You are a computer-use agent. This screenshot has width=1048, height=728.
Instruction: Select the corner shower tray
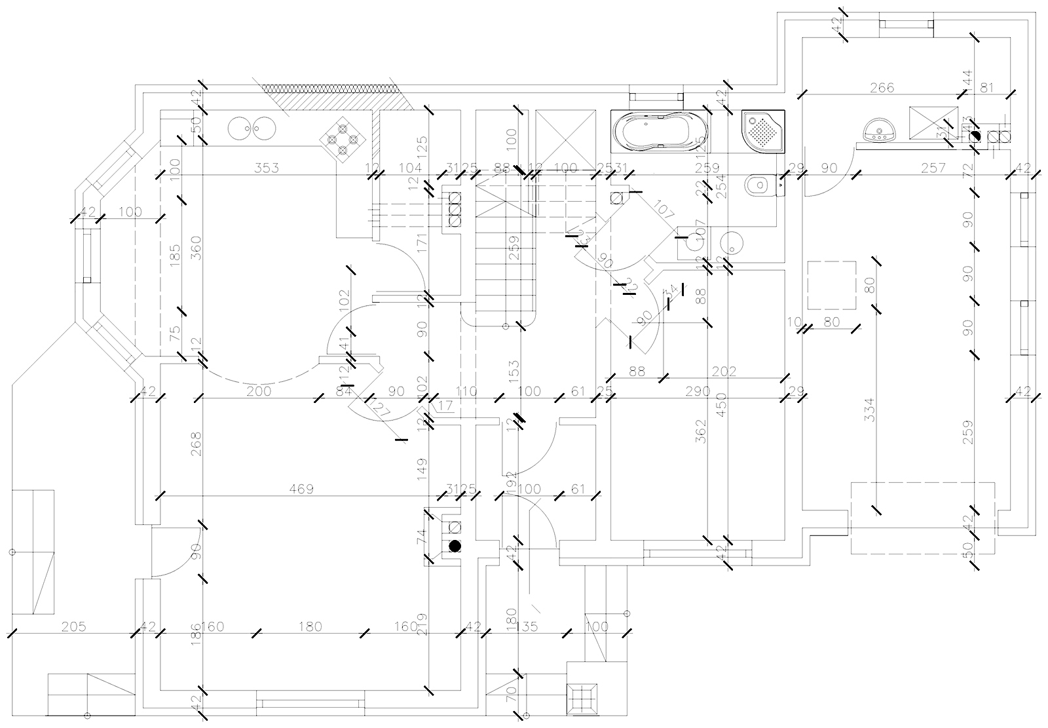pyautogui.click(x=763, y=131)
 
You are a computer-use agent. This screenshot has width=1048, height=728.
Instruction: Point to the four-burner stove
pyautogui.click(x=342, y=139)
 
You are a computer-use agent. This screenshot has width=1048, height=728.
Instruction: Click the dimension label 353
pyautogui.click(x=267, y=168)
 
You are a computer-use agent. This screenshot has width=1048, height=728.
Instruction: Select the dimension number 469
pyautogui.click(x=301, y=489)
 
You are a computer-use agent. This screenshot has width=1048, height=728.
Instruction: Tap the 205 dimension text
pyautogui.click(x=73, y=627)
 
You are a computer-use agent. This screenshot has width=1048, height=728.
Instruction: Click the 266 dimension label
pyautogui.click(x=882, y=88)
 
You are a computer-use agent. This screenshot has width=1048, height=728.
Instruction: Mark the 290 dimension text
pyautogui.click(x=697, y=392)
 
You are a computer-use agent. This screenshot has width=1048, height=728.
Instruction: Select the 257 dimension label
pyautogui.click(x=933, y=168)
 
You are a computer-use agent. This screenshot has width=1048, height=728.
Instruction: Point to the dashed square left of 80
pyautogui.click(x=832, y=285)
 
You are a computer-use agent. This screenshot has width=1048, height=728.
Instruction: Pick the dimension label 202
pyautogui.click(x=724, y=372)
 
